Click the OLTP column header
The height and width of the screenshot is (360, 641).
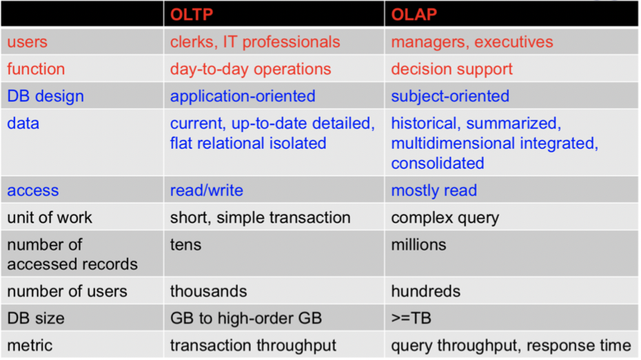click(x=191, y=14)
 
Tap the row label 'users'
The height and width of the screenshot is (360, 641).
click(x=28, y=42)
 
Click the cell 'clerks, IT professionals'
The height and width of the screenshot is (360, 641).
click(x=255, y=42)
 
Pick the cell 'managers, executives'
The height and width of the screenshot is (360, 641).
click(x=472, y=42)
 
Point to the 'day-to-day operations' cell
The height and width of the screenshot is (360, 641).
click(x=250, y=70)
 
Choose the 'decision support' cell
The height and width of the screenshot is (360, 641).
click(x=451, y=70)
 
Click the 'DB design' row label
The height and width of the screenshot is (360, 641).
click(x=45, y=97)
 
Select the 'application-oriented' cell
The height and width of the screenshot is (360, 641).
click(x=243, y=97)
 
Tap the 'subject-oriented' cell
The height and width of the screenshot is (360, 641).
click(x=450, y=97)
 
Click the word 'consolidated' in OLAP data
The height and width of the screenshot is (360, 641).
click(x=438, y=163)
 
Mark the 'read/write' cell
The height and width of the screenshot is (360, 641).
click(x=207, y=191)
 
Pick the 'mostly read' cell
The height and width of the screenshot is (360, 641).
click(x=434, y=191)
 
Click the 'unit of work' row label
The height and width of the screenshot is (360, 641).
click(x=50, y=218)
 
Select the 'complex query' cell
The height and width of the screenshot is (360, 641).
click(x=445, y=218)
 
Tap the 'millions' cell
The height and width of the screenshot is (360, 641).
click(x=418, y=245)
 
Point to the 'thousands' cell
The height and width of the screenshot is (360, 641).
click(x=208, y=291)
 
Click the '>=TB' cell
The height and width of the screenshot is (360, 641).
click(x=411, y=319)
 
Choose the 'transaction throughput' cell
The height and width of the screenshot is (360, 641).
click(x=254, y=346)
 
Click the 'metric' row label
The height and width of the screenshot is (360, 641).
click(x=30, y=346)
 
